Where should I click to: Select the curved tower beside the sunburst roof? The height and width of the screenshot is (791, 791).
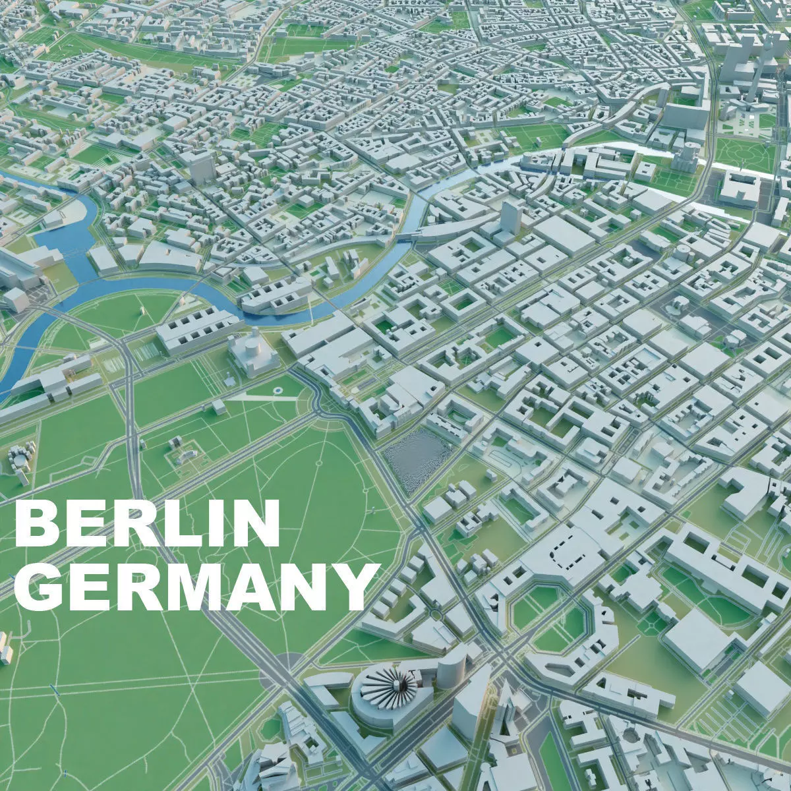tap(452, 666)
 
